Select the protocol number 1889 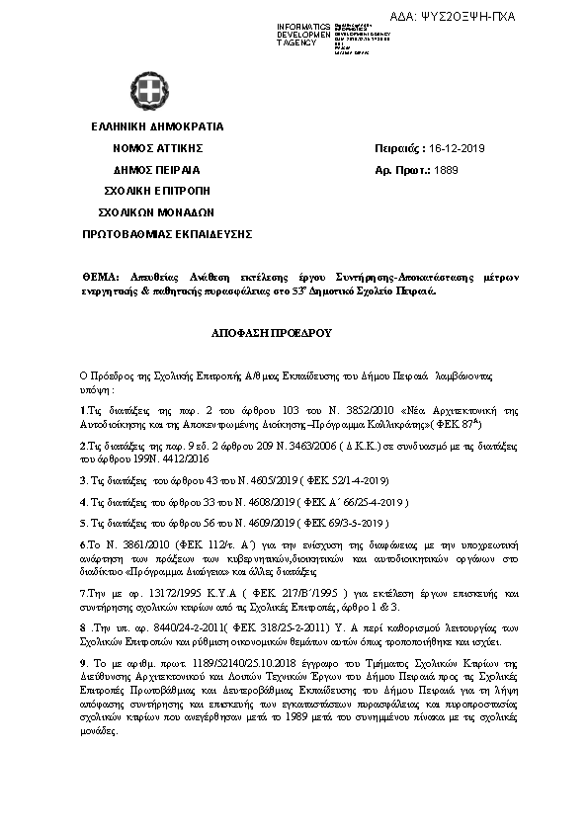click(x=446, y=170)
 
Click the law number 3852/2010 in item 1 click(x=371, y=409)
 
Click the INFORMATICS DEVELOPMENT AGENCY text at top click(x=303, y=35)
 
